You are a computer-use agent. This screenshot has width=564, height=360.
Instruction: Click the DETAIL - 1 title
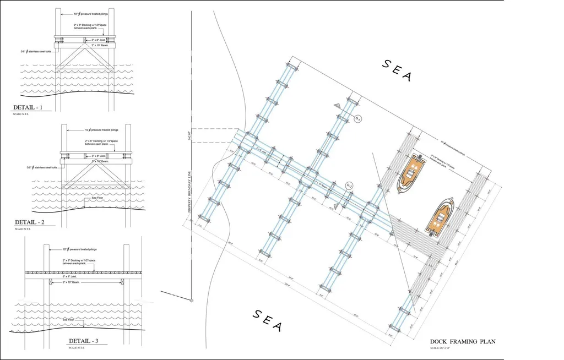tap(31, 107)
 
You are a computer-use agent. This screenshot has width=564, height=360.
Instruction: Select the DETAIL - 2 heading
tap(32, 222)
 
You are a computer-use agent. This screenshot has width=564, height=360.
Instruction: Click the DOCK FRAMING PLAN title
tap(462, 342)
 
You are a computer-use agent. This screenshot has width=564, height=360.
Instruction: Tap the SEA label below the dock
tap(267, 320)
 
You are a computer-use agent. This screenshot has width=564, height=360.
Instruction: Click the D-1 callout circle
tap(357, 119)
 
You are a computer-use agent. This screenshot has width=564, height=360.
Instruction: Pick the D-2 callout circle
tap(349, 185)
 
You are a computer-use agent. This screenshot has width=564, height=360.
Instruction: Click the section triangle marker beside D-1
tap(337, 105)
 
